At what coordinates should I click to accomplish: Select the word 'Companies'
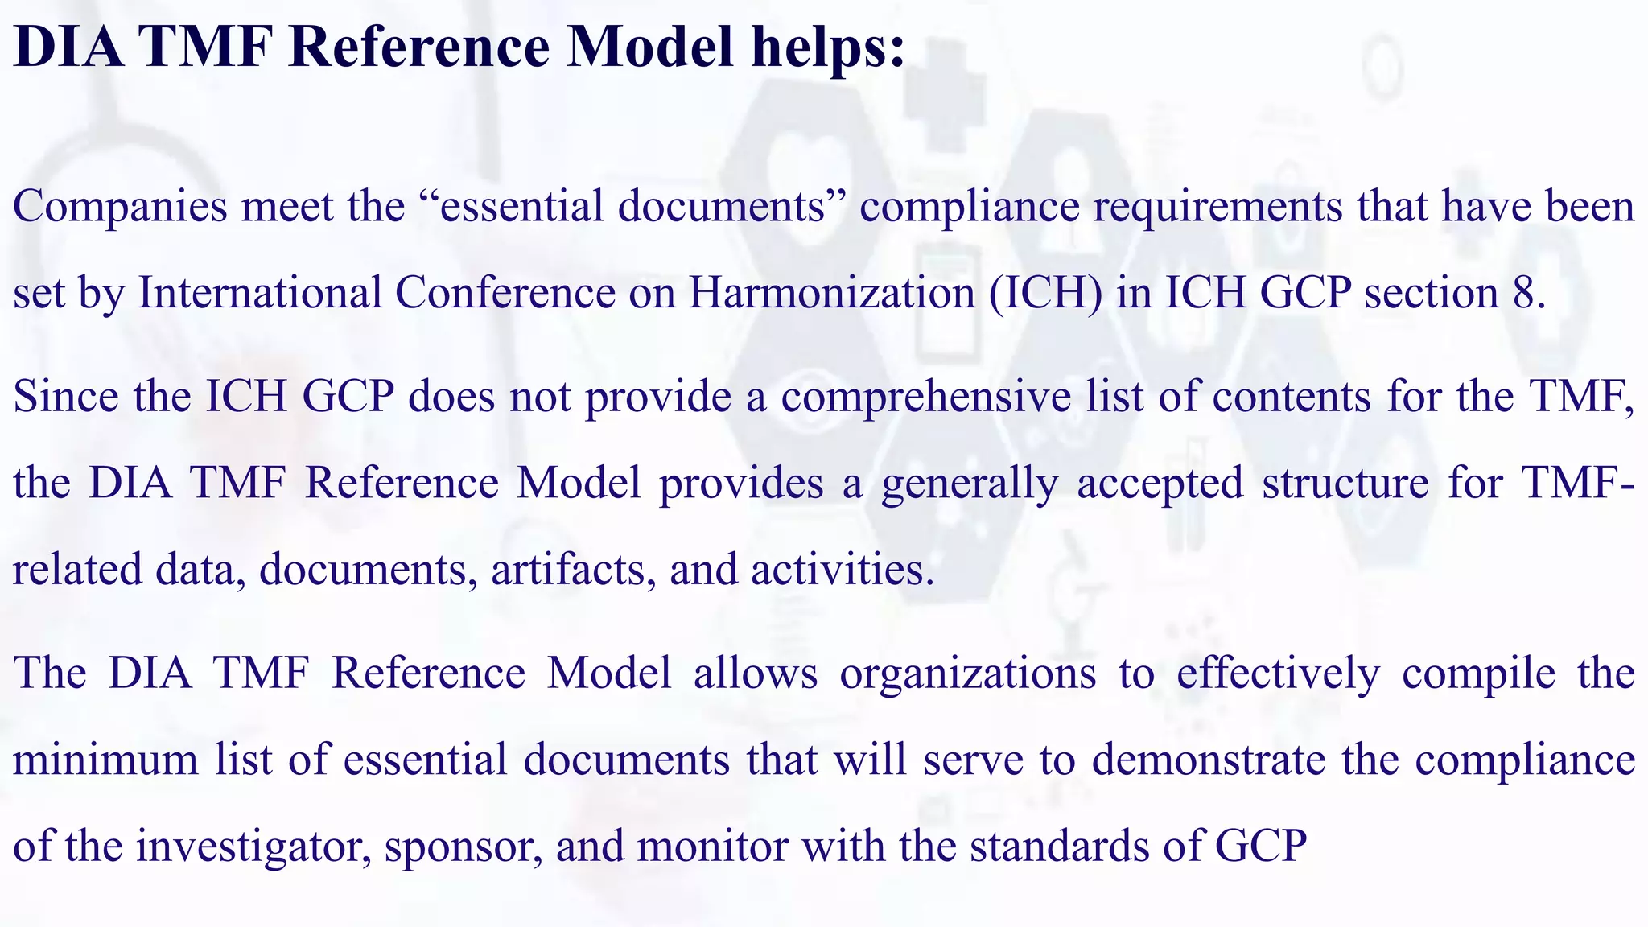point(121,207)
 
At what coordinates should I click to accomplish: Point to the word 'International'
point(259,292)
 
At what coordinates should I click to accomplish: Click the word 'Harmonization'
point(831,292)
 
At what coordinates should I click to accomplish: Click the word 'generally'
point(970,484)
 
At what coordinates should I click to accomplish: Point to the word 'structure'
point(1345,484)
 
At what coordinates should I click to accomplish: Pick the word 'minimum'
point(105,760)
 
